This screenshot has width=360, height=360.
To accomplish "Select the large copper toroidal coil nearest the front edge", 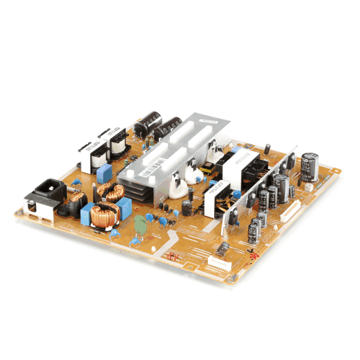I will [107, 214].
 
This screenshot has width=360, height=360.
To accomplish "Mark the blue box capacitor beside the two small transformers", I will [106, 173].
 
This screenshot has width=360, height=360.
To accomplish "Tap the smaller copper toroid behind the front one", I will [112, 190].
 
